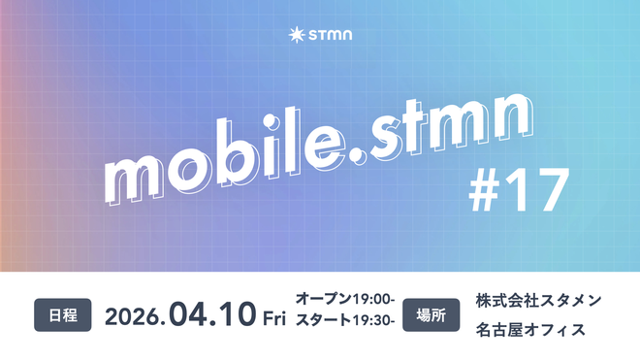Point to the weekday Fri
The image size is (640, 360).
[273, 316]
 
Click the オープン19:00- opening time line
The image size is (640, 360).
[344, 301]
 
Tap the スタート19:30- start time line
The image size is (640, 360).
[344, 329]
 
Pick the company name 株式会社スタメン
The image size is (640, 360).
[538, 301]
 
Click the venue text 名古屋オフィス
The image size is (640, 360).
[530, 330]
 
